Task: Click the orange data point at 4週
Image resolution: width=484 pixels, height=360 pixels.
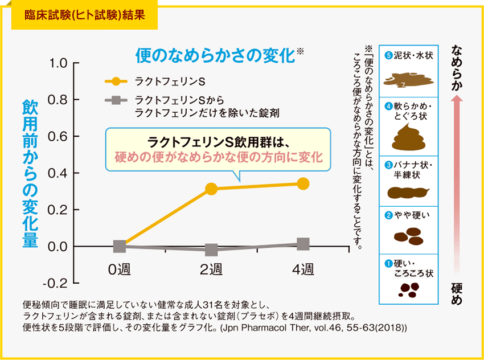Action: (303, 183)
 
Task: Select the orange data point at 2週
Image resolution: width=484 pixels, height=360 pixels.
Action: (211, 189)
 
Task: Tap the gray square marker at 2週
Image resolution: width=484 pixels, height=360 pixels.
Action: (211, 249)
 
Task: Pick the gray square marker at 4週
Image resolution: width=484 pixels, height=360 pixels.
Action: (303, 244)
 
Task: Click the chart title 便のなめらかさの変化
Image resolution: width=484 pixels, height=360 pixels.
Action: (215, 56)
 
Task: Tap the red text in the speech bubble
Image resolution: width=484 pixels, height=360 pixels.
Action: (219, 156)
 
